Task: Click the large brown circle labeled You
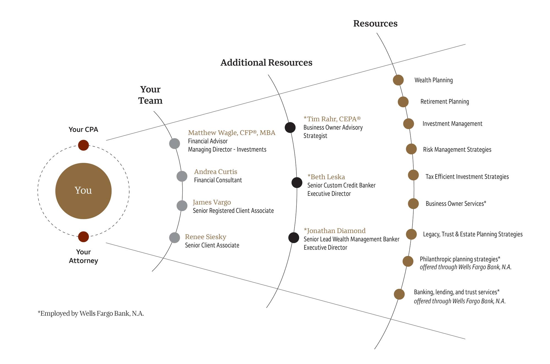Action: point(83,191)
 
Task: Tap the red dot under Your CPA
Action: point(83,145)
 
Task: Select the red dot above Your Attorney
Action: point(83,237)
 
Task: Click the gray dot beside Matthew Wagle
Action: point(174,144)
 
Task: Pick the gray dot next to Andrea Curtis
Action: point(182,176)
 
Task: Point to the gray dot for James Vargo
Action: point(182,206)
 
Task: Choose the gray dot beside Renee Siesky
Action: point(174,238)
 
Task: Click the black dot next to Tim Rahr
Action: point(290,127)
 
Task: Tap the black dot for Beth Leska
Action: point(297,183)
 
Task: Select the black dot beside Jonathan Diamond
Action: point(294,238)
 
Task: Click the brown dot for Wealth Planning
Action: point(398,80)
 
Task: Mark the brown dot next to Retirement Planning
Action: point(403,102)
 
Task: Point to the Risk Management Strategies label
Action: point(457,150)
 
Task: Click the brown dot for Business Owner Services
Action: point(413,204)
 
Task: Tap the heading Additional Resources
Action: point(266,63)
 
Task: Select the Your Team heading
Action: point(150,95)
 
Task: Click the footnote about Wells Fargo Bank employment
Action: point(91,313)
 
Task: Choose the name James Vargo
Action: point(212,202)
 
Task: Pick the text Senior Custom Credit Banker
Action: point(341,185)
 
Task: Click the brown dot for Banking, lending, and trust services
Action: point(399,294)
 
